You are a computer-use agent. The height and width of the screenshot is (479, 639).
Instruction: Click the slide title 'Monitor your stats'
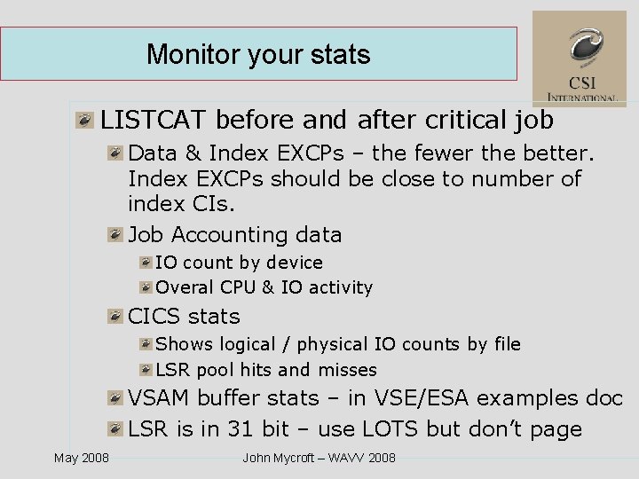pos(258,54)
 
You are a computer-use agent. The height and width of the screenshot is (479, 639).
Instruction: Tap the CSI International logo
pos(579,59)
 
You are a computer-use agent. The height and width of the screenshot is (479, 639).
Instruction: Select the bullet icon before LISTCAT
pos(85,120)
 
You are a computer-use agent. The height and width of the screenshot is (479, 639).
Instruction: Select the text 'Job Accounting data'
pos(235,235)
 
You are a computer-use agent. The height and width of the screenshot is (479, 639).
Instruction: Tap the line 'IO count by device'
pos(239,263)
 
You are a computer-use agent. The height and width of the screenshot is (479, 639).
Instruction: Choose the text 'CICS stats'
pos(184,317)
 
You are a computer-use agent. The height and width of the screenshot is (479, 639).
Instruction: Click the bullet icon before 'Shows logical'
pos(145,344)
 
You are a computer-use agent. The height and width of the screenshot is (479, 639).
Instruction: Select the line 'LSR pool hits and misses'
pos(266,370)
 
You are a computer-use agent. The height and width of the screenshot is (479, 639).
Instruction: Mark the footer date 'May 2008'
pos(82,458)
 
